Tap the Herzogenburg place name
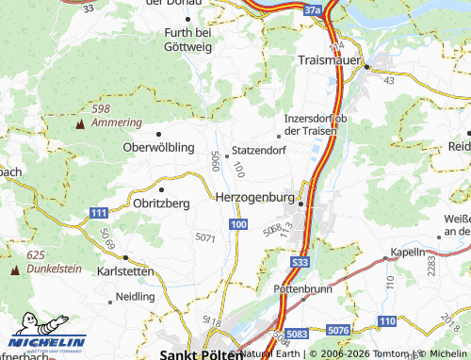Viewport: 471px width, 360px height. click(255, 198)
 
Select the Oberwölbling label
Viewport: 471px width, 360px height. click(158, 148)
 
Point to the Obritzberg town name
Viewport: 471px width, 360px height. click(162, 203)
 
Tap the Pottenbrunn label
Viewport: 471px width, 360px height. click(302, 288)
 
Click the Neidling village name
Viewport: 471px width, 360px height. click(135, 296)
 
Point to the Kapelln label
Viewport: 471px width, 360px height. click(408, 253)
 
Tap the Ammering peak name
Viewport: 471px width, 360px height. click(116, 123)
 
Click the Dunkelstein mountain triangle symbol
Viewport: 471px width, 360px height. click(14, 270)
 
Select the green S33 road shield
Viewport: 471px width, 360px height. click(300, 262)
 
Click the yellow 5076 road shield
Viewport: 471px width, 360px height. click(340, 330)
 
